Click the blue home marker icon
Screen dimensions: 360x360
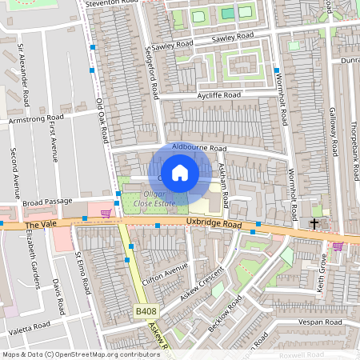(180, 172)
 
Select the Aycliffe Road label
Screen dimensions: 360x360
(218, 95)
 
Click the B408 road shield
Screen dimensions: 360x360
(145, 310)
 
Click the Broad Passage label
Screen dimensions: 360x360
(47, 202)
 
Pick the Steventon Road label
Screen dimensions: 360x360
(111, 4)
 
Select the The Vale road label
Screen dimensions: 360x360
(37, 226)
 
